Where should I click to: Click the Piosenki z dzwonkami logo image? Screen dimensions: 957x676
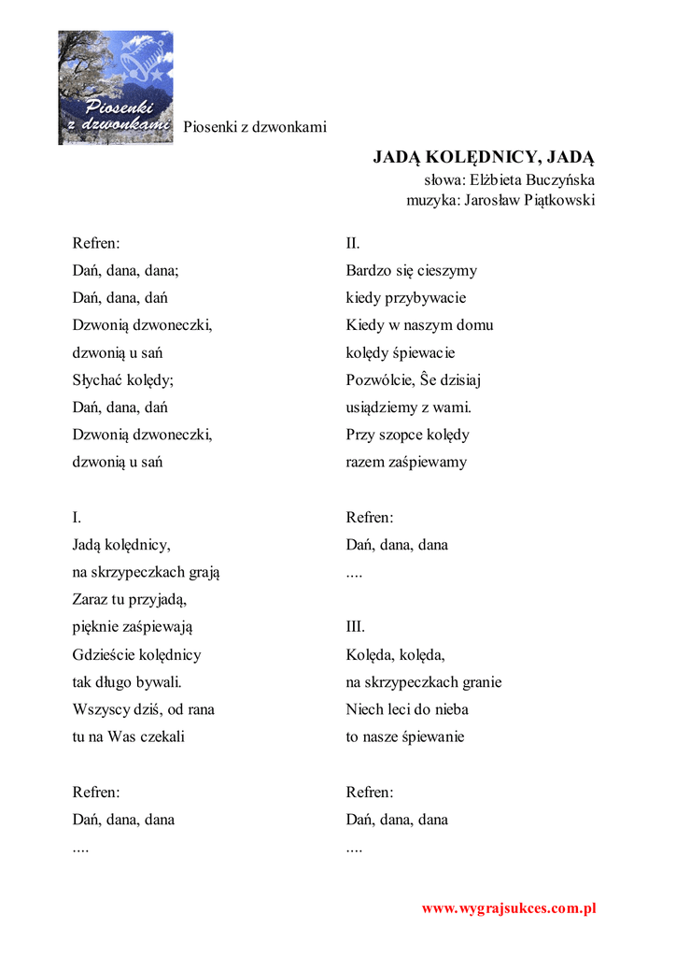116,87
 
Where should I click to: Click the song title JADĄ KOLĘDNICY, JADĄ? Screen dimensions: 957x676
484,156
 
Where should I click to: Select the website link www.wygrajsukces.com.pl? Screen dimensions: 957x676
509,907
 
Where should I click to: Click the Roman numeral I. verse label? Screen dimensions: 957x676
77,517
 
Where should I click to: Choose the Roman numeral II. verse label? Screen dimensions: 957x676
353,243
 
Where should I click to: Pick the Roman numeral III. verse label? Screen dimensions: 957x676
356,626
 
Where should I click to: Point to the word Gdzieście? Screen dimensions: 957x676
104,654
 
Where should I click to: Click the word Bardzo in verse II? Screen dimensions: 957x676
367,271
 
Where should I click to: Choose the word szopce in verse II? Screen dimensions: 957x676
400,435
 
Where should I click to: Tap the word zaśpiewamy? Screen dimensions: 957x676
426,462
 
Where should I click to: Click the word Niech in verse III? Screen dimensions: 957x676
365,709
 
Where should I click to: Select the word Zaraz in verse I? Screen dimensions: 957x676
92,599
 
